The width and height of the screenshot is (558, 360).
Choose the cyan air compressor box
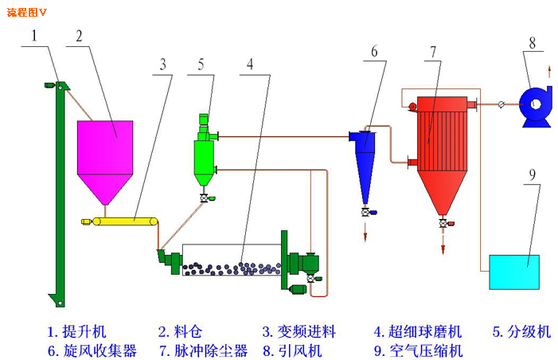[514, 272]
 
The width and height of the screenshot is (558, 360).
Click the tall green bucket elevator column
[59, 191]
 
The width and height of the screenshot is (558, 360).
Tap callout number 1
[34, 36]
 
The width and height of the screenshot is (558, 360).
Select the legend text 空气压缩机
[427, 350]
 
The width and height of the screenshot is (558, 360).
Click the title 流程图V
[26, 12]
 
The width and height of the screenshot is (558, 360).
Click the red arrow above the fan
[548, 74]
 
